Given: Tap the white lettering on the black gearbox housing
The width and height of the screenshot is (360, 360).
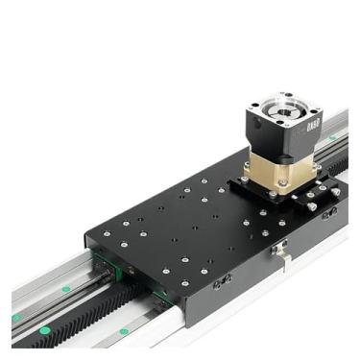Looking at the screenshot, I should (311, 125).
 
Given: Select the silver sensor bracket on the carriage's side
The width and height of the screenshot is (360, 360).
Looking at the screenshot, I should (279, 251).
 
